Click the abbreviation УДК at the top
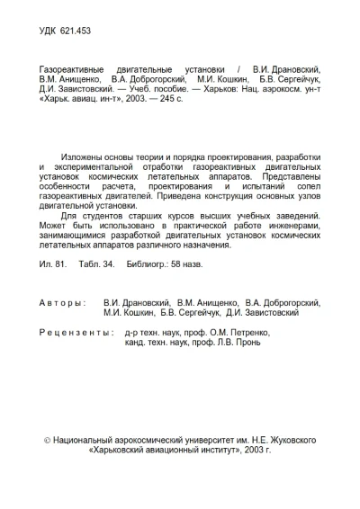pyautogui.click(x=50, y=30)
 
